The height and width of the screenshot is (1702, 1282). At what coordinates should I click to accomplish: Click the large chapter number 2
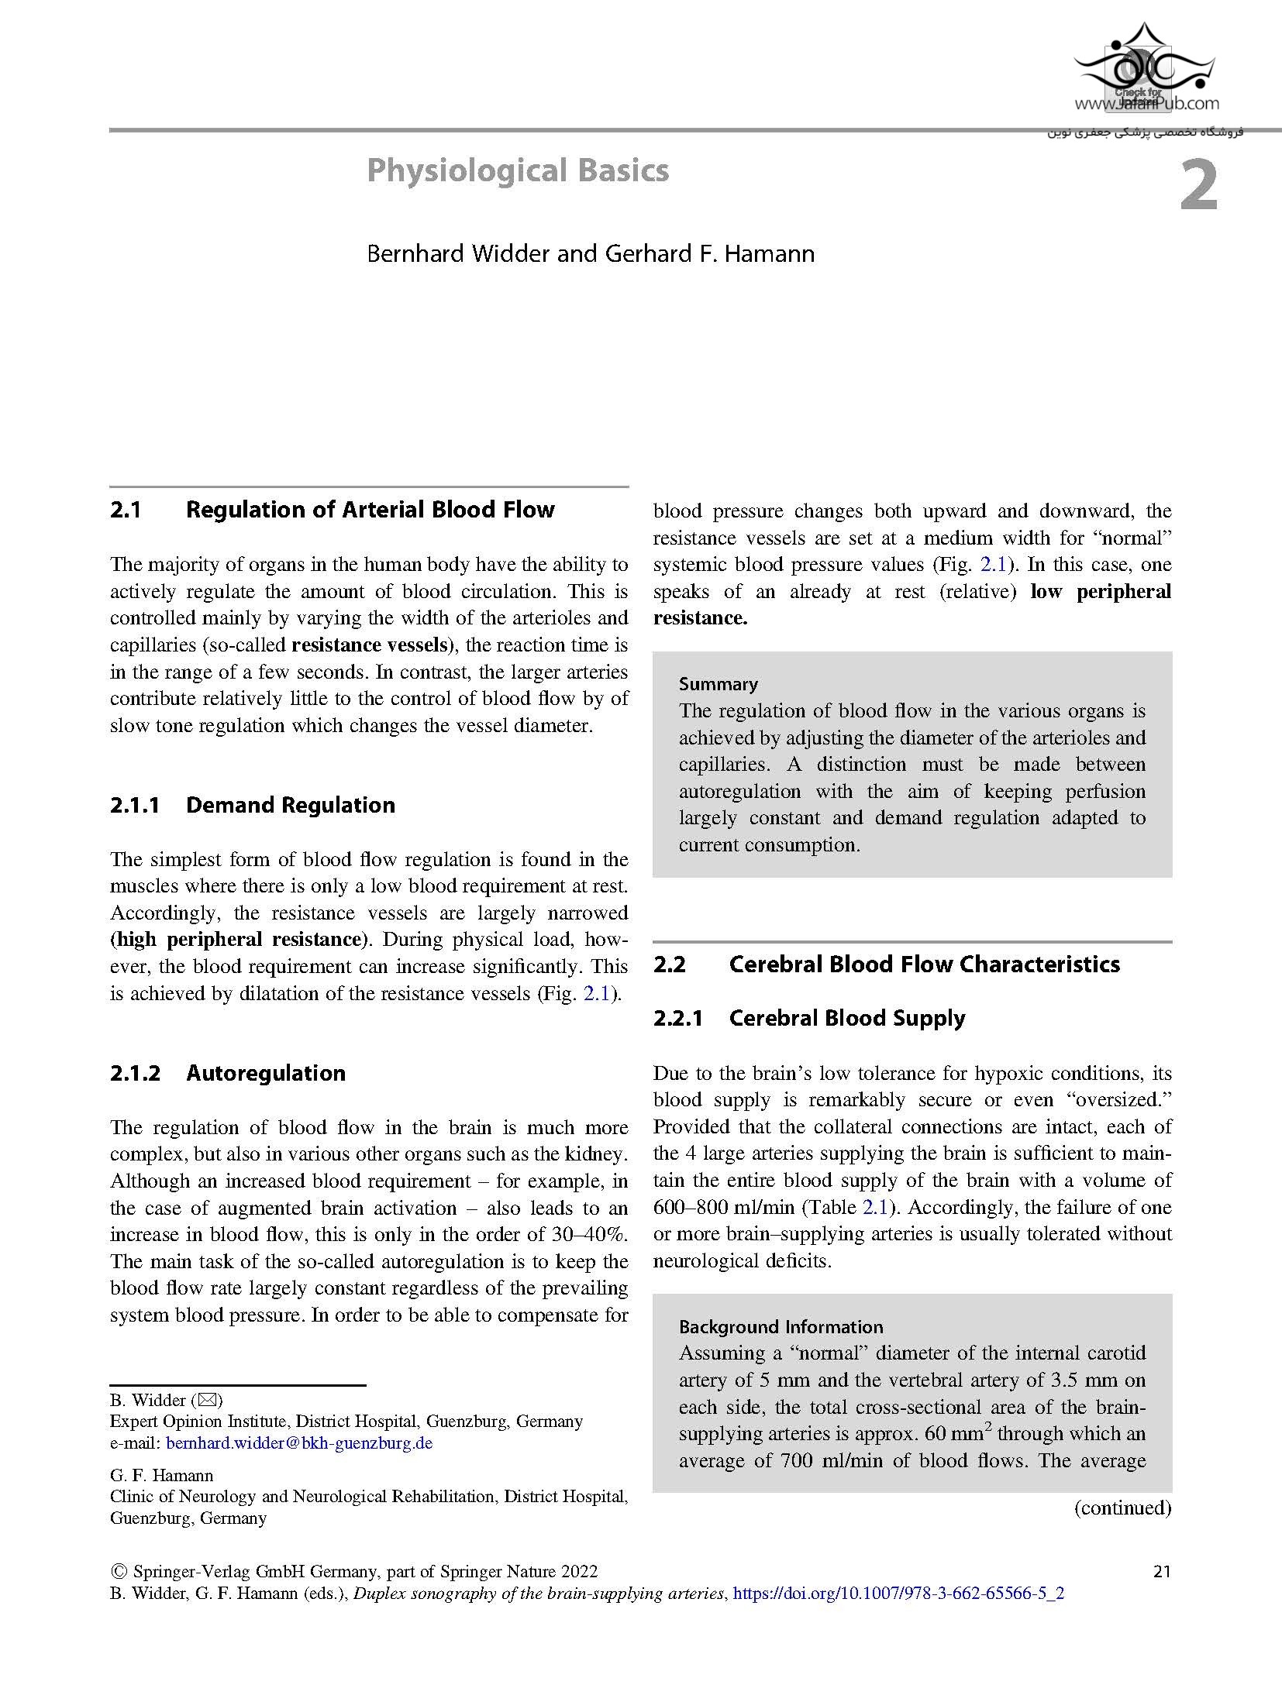pos(1198,188)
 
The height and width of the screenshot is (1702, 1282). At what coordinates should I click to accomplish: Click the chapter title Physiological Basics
pos(518,170)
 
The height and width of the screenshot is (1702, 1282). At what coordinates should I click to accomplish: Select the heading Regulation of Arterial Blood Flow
pos(370,510)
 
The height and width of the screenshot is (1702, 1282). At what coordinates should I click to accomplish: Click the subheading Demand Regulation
pos(290,805)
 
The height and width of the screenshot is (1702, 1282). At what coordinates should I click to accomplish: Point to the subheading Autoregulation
pos(265,1073)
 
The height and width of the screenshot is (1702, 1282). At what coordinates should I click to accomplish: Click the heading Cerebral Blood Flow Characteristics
pos(924,964)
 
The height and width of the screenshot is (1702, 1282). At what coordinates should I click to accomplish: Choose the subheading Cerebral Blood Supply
pos(846,1018)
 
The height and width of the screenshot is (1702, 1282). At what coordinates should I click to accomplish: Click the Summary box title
pos(718,684)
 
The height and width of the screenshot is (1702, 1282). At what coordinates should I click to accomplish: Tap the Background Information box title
pos(781,1327)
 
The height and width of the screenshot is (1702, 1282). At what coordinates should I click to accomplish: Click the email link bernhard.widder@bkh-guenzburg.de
pos(299,1443)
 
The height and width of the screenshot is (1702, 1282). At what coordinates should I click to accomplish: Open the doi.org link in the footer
pos(898,1594)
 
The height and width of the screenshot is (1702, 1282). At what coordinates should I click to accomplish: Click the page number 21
pos(1162,1571)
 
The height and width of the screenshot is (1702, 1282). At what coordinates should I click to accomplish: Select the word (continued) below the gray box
pos(1122,1508)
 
